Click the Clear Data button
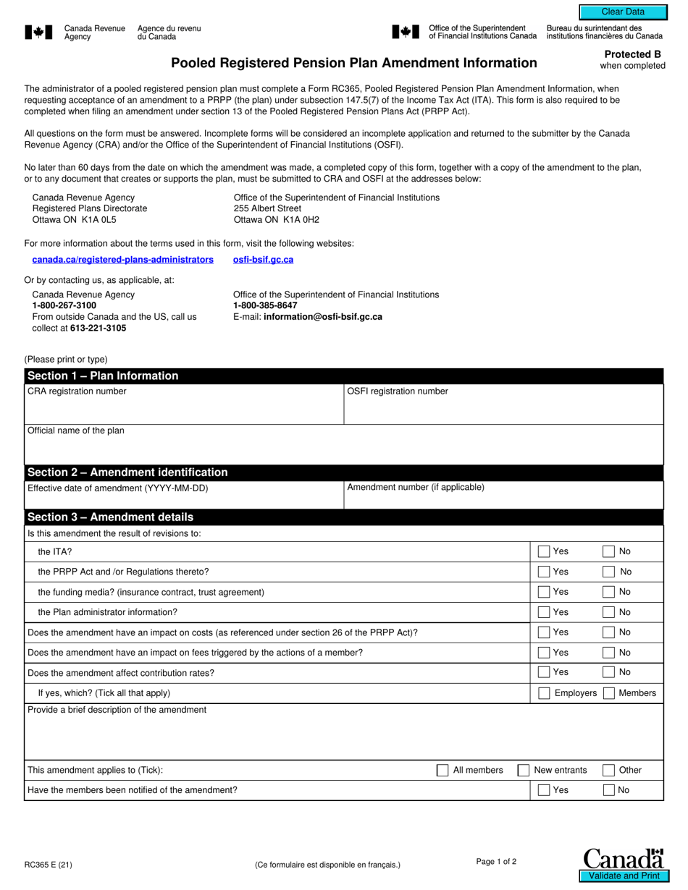point(622,12)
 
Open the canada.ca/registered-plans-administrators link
point(122,260)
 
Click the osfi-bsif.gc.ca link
point(263,260)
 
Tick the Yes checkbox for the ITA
point(544,551)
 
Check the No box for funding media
point(609,592)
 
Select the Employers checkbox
point(544,693)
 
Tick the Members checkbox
point(609,693)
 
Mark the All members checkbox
point(442,771)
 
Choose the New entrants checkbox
point(523,771)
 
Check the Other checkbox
point(609,771)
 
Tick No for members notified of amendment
point(609,790)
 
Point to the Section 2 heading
point(127,472)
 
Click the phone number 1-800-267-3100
point(64,306)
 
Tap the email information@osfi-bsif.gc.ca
point(323,317)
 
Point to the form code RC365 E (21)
point(48,863)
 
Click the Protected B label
point(632,54)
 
